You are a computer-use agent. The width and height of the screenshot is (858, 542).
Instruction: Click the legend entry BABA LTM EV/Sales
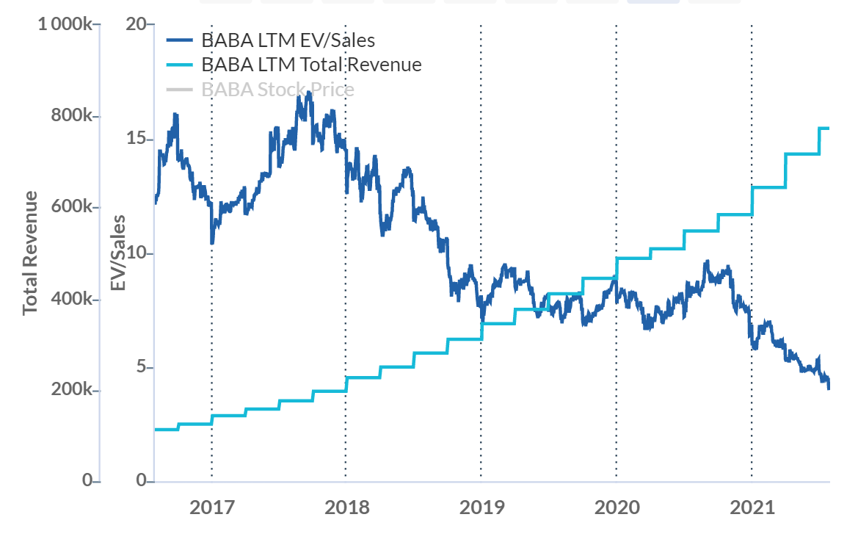click(x=288, y=40)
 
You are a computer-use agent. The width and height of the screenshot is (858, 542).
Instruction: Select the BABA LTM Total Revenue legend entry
click(x=311, y=65)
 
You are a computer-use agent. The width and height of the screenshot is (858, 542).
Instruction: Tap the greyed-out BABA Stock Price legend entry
click(x=277, y=90)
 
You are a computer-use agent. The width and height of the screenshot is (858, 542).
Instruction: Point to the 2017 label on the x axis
click(x=211, y=507)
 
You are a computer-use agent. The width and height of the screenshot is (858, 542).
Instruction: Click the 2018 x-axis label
click(x=346, y=507)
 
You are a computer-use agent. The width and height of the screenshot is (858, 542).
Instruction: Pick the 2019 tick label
click(x=481, y=507)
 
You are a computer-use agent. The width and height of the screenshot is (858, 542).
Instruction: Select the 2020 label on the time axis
click(x=617, y=507)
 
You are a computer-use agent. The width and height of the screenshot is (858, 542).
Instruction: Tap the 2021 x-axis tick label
click(x=752, y=507)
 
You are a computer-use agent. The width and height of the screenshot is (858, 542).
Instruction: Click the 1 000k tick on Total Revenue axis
click(x=65, y=25)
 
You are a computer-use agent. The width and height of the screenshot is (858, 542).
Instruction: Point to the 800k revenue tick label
click(x=71, y=116)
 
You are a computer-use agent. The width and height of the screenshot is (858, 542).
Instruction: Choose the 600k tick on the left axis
click(x=71, y=207)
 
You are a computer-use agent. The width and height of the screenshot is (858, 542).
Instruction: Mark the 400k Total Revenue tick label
click(x=71, y=299)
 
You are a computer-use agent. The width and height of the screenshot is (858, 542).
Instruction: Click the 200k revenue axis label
click(x=71, y=390)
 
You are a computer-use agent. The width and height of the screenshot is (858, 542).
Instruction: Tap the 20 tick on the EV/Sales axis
click(x=135, y=25)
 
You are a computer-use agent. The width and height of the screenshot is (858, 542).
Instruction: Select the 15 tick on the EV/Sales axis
click(x=136, y=140)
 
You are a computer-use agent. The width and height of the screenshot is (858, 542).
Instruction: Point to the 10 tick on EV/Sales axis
click(x=136, y=253)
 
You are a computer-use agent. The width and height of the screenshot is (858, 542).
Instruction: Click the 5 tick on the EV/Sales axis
click(x=140, y=367)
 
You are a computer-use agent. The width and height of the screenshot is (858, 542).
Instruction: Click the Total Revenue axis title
click(x=30, y=253)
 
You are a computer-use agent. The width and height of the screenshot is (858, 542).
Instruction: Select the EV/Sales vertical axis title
click(x=118, y=253)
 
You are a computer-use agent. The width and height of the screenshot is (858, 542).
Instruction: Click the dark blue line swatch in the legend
click(x=180, y=40)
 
